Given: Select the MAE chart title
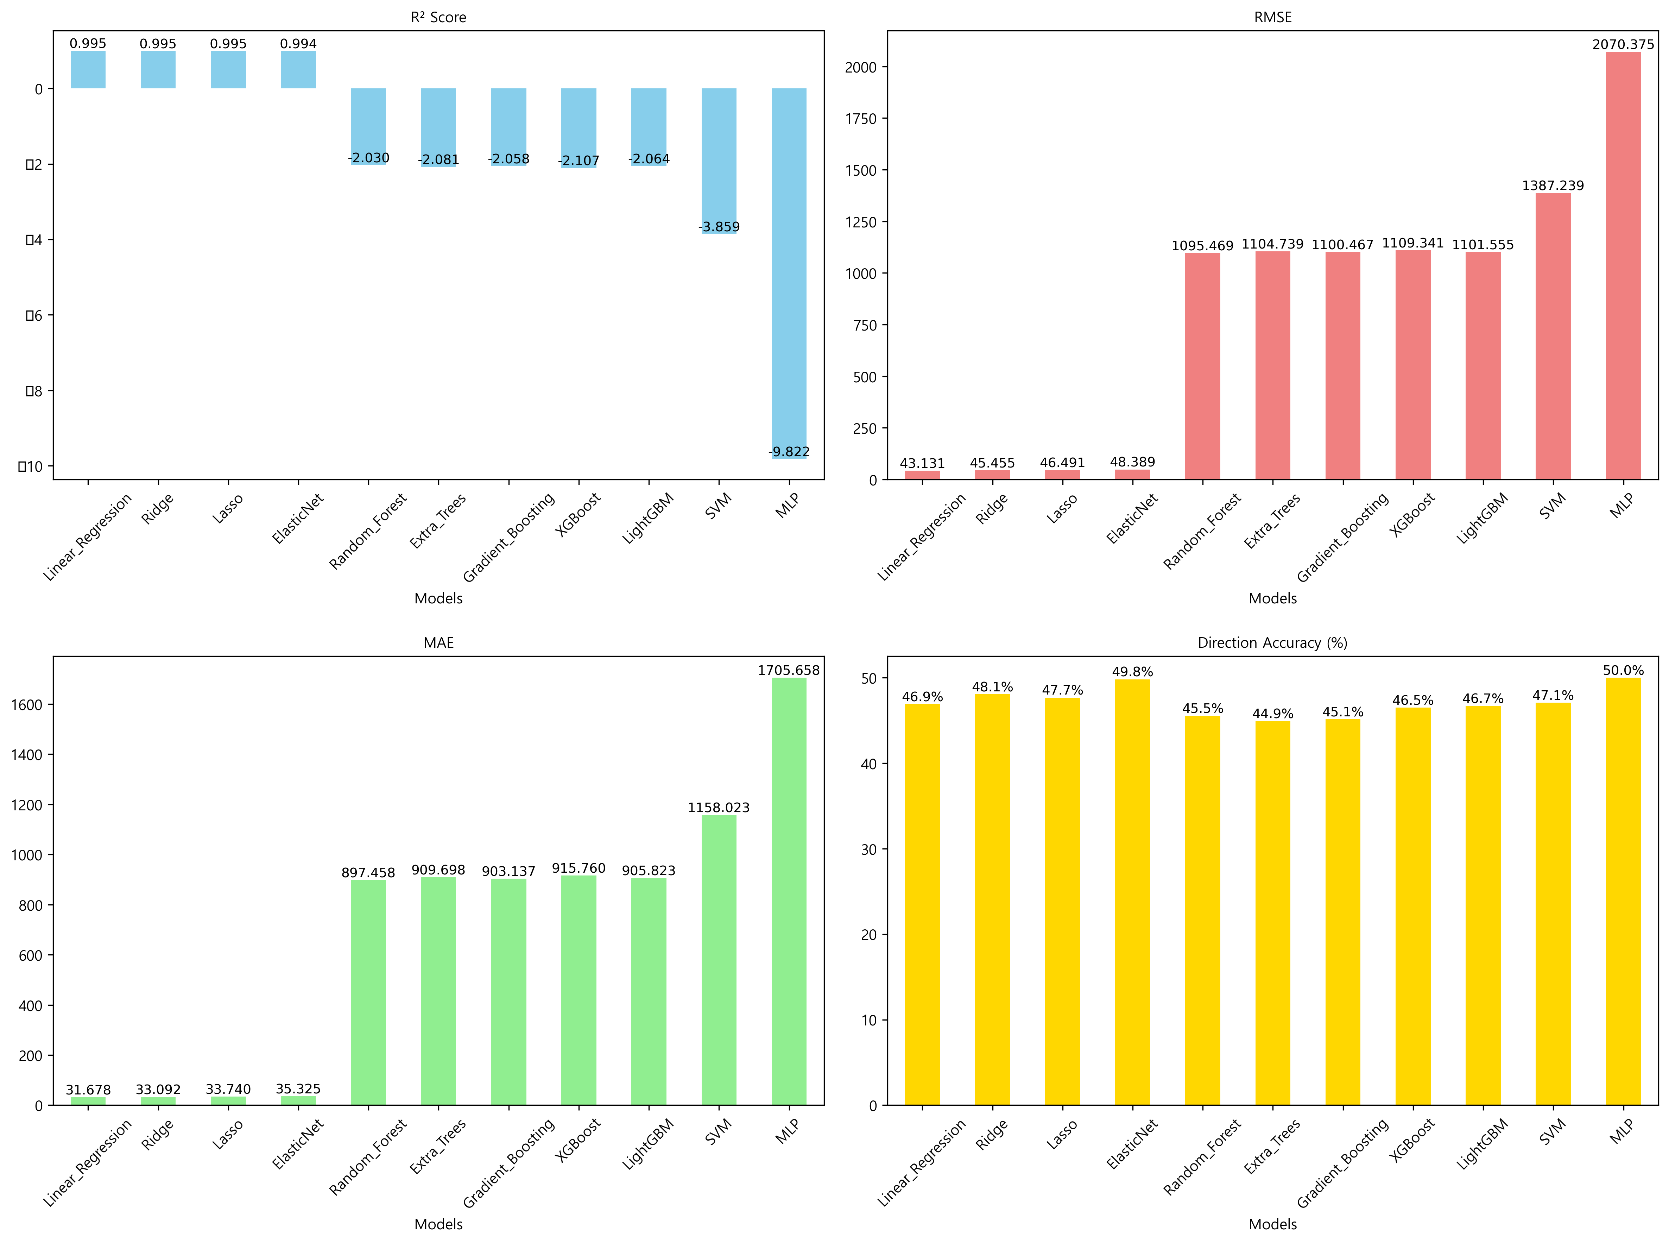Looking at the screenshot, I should pos(438,642).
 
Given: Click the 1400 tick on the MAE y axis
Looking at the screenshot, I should pos(27,755).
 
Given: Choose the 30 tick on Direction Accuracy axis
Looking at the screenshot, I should pos(869,849).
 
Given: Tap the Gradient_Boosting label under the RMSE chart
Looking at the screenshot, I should pos(1342,536).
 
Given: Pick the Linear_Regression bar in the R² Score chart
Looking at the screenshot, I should pos(88,70).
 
